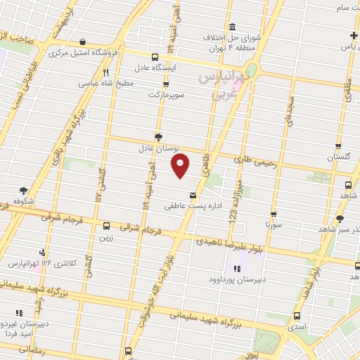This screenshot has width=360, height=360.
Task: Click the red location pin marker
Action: point(181,165)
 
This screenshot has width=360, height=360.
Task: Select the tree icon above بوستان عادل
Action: point(157,137)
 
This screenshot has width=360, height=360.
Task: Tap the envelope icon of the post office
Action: point(192,195)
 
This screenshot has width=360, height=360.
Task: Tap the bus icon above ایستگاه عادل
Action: point(154,58)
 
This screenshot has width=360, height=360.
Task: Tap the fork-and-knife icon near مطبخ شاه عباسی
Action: point(105,72)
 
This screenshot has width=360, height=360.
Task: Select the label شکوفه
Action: point(25,200)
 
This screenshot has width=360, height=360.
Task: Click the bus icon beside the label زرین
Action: point(106,226)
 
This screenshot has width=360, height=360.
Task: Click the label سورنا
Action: point(272,225)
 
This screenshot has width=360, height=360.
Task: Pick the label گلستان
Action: point(339,159)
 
